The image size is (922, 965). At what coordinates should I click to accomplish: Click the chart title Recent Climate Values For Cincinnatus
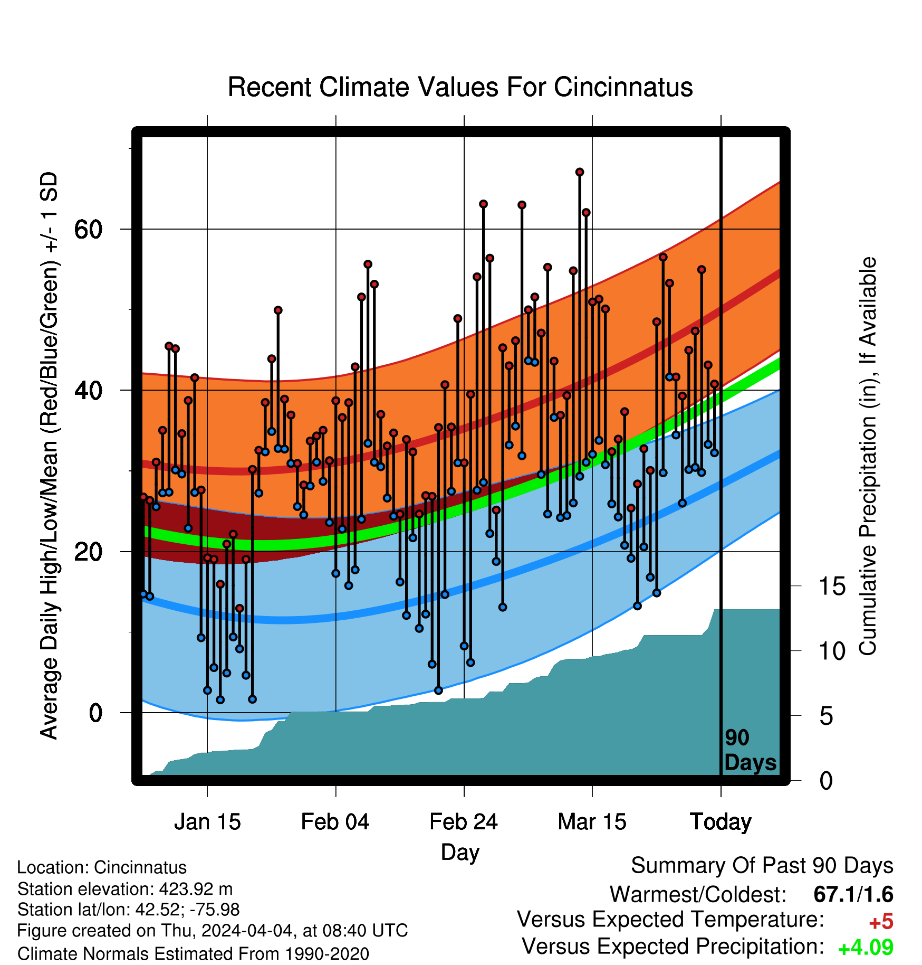click(460, 87)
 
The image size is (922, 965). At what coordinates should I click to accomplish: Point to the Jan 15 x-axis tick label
click(207, 822)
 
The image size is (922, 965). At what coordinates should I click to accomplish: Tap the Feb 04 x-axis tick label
click(335, 822)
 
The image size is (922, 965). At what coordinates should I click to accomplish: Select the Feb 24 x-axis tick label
click(464, 822)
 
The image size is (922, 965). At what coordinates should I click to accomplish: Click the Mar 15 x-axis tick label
click(592, 822)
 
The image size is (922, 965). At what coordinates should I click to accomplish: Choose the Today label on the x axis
click(721, 822)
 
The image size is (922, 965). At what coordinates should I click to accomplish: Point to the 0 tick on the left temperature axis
click(95, 713)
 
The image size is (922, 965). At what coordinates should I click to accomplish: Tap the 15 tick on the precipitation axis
click(832, 586)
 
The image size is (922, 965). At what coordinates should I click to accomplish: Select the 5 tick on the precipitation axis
click(827, 716)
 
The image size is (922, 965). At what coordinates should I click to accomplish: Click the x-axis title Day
click(460, 853)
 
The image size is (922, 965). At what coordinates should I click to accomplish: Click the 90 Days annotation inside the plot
click(750, 750)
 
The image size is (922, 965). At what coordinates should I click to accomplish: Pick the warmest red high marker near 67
click(580, 172)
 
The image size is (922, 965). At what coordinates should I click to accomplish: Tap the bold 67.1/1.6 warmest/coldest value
click(853, 895)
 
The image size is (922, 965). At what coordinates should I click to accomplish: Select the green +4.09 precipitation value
click(866, 948)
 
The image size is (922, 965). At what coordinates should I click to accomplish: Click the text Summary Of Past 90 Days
click(762, 866)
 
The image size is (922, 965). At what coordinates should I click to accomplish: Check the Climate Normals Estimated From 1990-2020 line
click(193, 954)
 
